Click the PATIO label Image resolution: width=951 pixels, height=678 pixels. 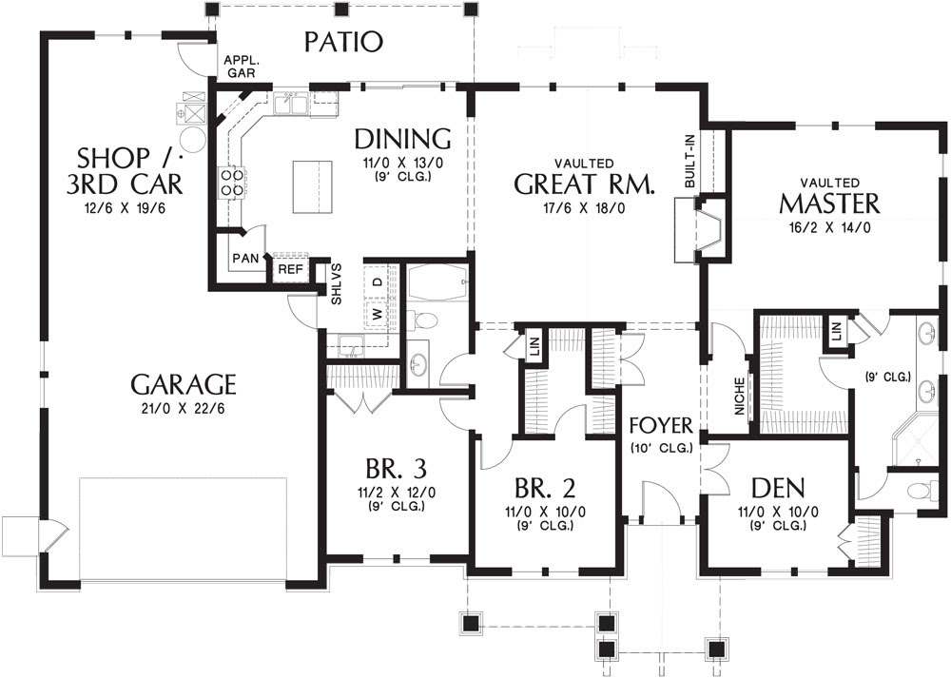coord(343,42)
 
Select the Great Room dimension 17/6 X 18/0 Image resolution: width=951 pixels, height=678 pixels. coord(585,208)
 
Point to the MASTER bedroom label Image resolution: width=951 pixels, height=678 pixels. coord(829,203)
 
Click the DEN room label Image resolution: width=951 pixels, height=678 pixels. coord(778,488)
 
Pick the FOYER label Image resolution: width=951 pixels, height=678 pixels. coord(661,426)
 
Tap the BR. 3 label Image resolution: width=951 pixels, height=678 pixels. coord(396,469)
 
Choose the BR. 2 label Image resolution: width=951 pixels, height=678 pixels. coord(545,488)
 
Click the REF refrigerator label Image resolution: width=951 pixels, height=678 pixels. coord(290,269)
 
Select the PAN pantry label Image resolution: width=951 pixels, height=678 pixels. coord(245,259)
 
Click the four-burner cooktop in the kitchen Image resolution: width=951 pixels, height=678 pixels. coord(233,182)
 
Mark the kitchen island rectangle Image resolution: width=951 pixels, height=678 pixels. coord(312,186)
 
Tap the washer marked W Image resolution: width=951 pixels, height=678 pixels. coord(378,314)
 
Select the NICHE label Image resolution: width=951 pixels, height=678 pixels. coord(739,397)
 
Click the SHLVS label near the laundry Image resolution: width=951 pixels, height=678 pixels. coord(337,283)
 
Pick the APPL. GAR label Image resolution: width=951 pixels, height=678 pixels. coord(241,67)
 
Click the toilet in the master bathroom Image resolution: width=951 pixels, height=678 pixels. coord(919,490)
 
